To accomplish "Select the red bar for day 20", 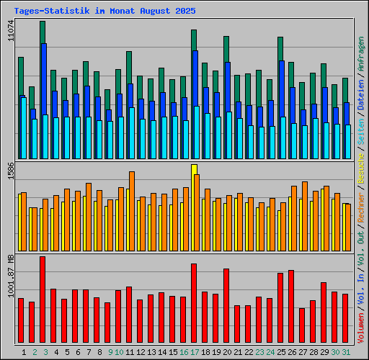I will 226,306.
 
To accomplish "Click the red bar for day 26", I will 291,307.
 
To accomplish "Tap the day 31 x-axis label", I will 346,352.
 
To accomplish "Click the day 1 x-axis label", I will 25,352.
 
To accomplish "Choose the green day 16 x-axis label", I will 184,352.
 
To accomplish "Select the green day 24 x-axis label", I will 270,352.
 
